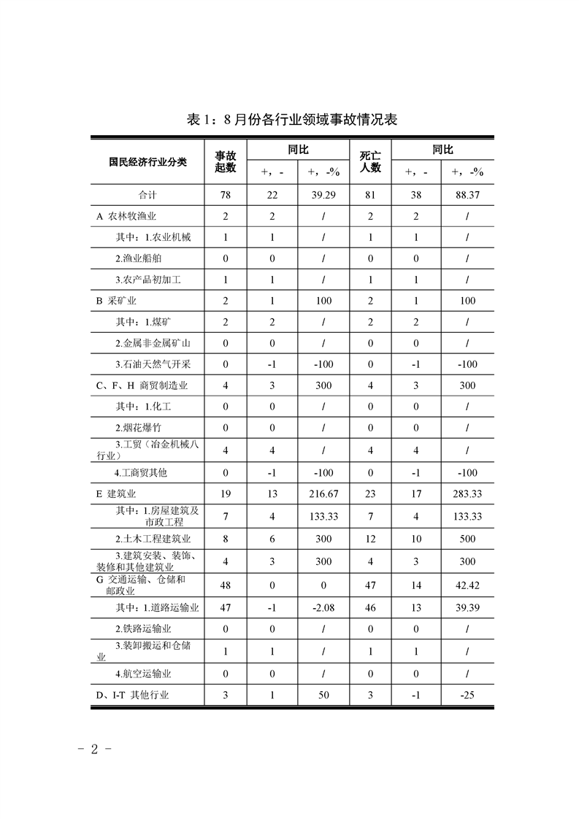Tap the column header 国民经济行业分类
pos(147,161)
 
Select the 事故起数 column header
pos(226,161)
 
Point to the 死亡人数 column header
pos(370,161)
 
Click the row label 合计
pos(147,195)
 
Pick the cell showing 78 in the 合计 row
pos(226,195)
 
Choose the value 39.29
pos(323,195)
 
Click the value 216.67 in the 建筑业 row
pos(323,494)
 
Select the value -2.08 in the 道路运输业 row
pos(323,607)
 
